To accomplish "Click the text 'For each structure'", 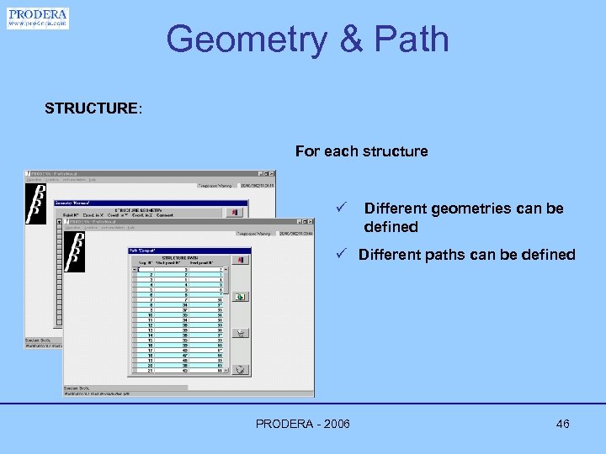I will coord(361,151).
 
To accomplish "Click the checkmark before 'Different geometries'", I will coord(341,208).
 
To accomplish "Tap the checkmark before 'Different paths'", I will coord(341,254).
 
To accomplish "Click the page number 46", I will coord(562,424).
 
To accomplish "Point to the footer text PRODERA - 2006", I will coord(303,424).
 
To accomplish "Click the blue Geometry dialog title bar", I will coord(151,203).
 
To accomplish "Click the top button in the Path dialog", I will coord(241,261).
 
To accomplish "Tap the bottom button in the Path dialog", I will coord(241,369).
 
